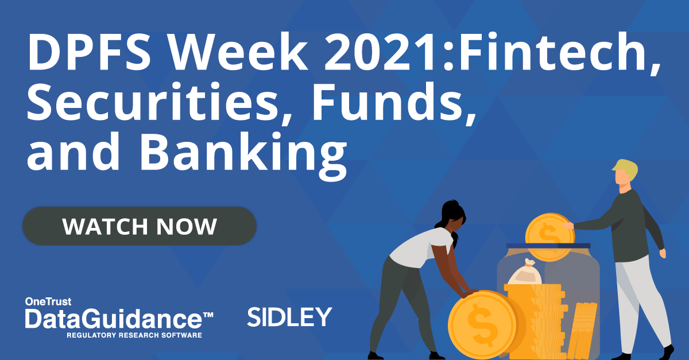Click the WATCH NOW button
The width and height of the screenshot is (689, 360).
(140, 226)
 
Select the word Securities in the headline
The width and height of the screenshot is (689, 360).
(153, 102)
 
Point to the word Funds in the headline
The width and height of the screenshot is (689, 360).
(388, 102)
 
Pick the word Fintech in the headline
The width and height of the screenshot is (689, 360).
(551, 51)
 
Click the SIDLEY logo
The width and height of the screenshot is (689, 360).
(289, 316)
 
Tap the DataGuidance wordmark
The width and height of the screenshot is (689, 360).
(119, 319)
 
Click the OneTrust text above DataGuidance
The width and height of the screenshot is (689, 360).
(48, 301)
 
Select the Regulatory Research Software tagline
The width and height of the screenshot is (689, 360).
(134, 335)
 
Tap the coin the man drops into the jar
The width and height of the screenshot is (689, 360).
(549, 237)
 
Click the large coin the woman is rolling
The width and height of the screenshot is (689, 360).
(483, 325)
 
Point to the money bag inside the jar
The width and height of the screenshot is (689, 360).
(525, 272)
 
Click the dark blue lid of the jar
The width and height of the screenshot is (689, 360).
(548, 246)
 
